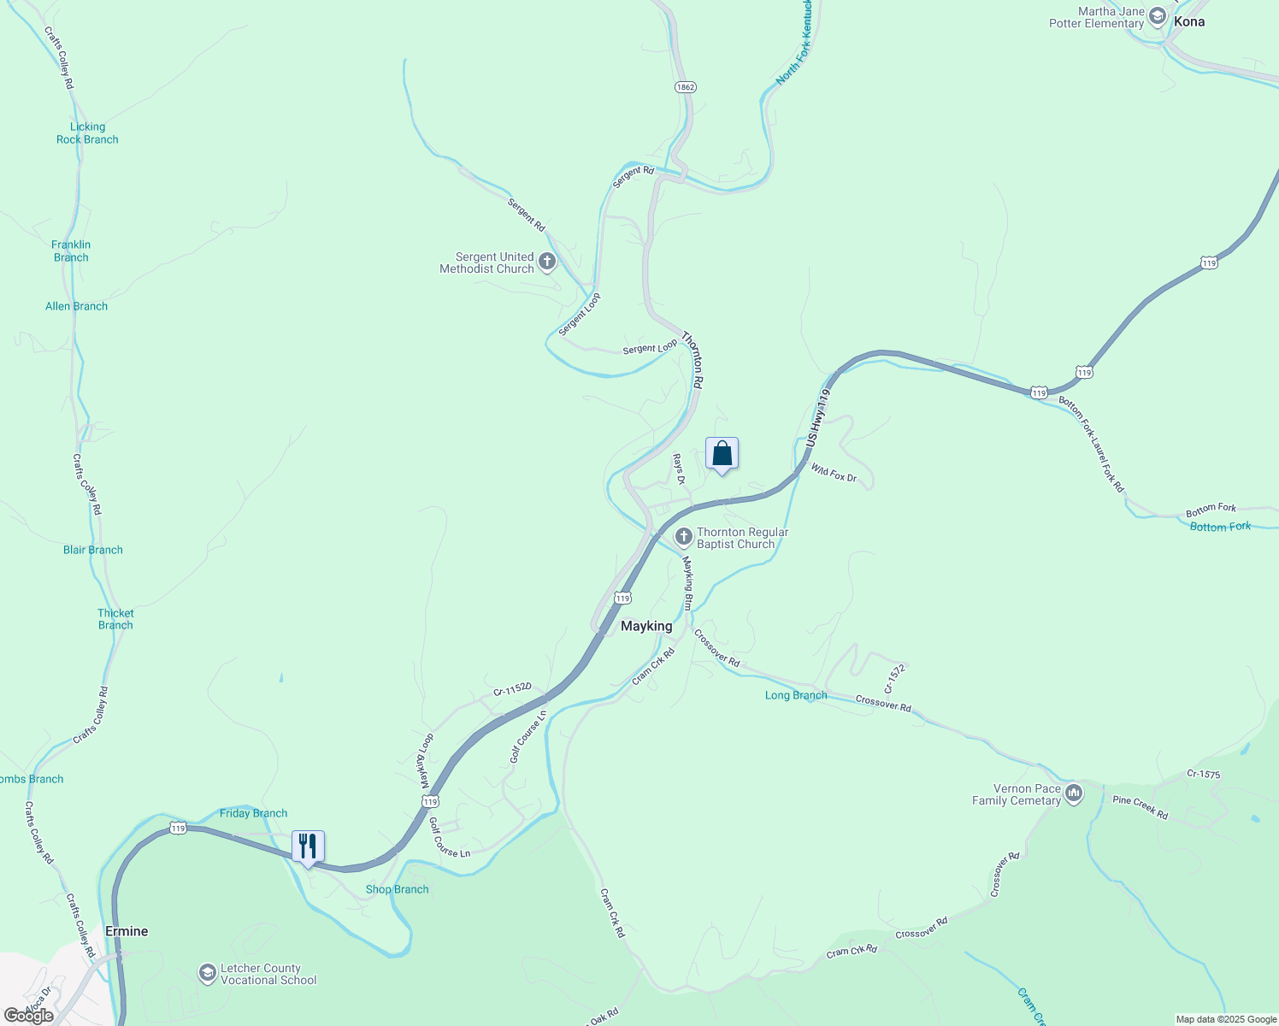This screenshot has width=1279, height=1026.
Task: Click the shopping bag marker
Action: point(722,454)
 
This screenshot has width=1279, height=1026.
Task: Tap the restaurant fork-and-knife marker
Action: point(308,846)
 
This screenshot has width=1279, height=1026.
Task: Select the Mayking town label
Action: point(646,626)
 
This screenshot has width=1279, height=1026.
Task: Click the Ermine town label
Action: point(127,931)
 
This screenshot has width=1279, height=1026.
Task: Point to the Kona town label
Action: point(1189,21)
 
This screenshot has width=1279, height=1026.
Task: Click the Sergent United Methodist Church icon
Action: point(547,262)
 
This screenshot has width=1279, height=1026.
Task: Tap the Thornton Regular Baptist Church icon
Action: point(683,537)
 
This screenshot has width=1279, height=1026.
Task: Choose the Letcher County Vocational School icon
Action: point(207,973)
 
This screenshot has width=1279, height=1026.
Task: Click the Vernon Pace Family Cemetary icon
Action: point(1074,794)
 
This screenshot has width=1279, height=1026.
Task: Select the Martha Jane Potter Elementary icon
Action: point(1158,16)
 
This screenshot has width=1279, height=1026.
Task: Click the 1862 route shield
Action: point(685,87)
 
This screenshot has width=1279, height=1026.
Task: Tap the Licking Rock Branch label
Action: point(87,133)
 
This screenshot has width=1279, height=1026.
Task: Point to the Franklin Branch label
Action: point(71,251)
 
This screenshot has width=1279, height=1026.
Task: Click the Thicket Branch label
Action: point(115,619)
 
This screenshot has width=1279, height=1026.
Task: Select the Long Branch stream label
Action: point(796,695)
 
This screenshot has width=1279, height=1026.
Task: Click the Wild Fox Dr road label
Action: point(834,473)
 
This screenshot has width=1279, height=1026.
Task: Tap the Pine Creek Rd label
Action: point(1140,807)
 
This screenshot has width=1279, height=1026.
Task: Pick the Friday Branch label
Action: point(253,813)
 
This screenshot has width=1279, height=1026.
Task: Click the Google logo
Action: point(29,1016)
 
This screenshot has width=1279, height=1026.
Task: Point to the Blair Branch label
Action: point(93,550)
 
